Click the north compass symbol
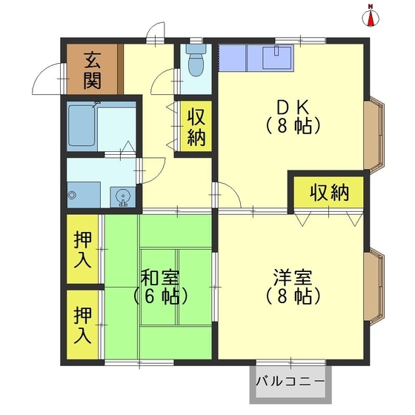pos(371,17)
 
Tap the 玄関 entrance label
pos(92,70)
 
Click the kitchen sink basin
pos(276,58)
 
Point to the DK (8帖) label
pos(293,117)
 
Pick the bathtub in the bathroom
pos(82,125)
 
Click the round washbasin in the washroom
pos(122,197)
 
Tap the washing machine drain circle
pos(72,196)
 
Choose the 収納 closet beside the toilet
pos(196,127)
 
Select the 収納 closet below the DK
pos(329,193)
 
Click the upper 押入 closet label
pos(82,250)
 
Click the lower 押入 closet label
pos(82,325)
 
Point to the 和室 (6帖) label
pos(160,288)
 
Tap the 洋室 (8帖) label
pos(293,287)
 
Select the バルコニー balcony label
pos(290,382)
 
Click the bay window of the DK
pos(374,135)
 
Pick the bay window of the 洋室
pos(374,288)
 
